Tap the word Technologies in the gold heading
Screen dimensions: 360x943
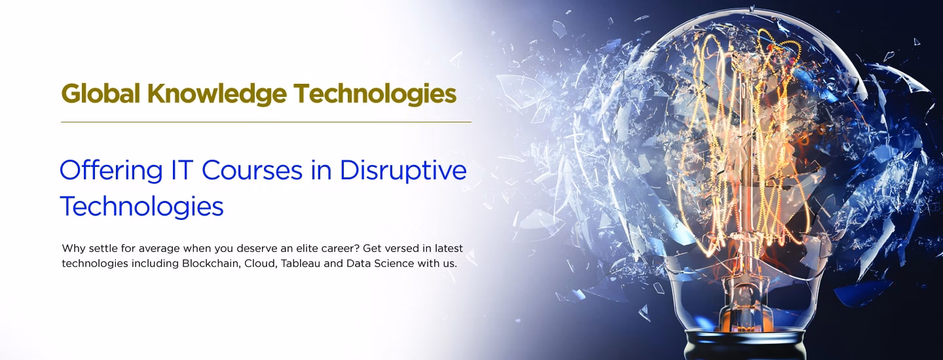375,94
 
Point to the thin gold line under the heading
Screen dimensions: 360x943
266,122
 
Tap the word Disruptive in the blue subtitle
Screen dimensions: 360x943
403,170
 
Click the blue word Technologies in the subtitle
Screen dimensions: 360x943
141,207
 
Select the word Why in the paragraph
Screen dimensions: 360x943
71,249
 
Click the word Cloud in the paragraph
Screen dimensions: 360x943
259,264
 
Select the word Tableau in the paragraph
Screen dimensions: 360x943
301,264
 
